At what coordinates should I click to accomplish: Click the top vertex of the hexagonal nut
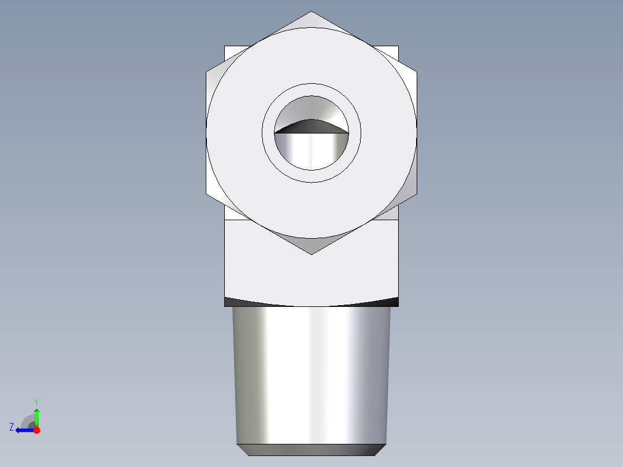(311, 12)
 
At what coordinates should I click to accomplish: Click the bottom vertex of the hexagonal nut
(311, 254)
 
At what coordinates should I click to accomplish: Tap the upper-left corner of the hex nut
(207, 72)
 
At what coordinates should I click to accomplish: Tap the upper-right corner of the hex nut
(417, 72)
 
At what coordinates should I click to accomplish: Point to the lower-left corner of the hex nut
(207, 194)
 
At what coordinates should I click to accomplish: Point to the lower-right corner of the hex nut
(417, 194)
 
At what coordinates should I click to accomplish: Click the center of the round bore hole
(311, 133)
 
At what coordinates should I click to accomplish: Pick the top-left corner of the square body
(225, 46)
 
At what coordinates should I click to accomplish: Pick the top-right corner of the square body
(398, 46)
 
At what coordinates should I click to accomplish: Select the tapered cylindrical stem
(311, 376)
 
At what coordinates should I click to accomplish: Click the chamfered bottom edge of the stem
(311, 450)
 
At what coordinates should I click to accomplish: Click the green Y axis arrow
(36, 415)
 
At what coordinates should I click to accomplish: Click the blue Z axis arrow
(22, 430)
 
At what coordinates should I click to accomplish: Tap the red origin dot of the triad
(36, 430)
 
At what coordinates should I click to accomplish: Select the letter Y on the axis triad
(36, 401)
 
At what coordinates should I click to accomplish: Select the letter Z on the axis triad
(12, 427)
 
